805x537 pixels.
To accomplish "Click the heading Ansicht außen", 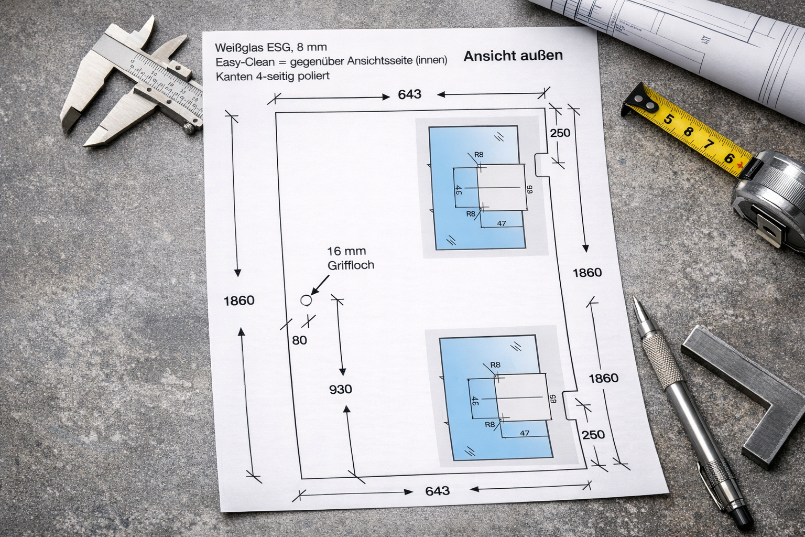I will [x=513, y=56].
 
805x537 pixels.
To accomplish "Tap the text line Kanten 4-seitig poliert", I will [x=272, y=76].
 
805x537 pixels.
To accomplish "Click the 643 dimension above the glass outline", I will [x=409, y=94].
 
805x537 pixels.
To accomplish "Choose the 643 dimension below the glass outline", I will [x=437, y=491].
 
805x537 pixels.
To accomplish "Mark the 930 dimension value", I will [x=340, y=390].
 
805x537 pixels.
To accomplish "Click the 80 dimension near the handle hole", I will [x=299, y=340].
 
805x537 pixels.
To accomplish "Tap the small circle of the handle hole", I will [x=306, y=300].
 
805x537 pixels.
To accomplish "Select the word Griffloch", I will [x=351, y=265].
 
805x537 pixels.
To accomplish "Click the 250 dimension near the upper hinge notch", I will [x=560, y=133].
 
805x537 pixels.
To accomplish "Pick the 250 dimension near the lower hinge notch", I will [x=593, y=435].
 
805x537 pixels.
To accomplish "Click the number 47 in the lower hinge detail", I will [x=524, y=433].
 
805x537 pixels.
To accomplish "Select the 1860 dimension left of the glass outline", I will [x=239, y=300].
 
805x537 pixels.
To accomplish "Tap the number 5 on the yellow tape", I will [x=668, y=119].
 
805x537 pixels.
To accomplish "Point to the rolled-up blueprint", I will [x=681, y=31].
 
